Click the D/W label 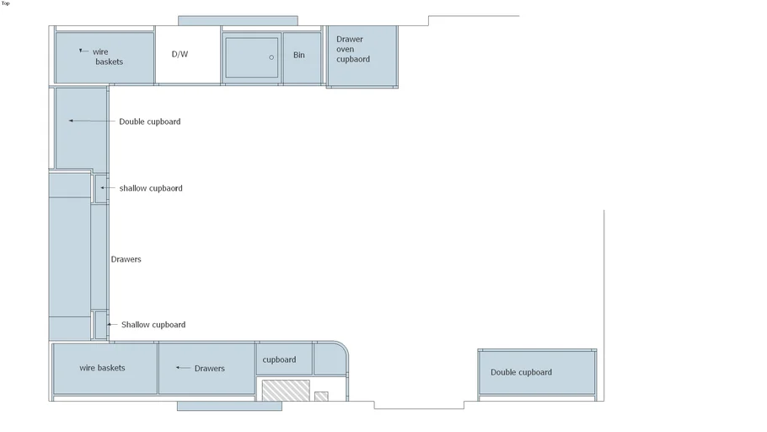180,55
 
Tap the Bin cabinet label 299,56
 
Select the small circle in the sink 271,57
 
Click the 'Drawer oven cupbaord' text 353,49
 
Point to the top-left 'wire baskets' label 108,57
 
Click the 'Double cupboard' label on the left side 149,121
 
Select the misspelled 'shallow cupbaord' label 150,188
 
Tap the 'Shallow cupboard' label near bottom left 153,325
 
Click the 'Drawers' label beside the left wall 126,259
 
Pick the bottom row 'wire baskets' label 102,368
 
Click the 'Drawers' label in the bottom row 210,369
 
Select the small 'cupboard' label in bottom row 279,359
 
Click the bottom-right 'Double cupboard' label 521,372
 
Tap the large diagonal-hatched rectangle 286,390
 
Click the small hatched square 321,396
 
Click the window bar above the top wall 238,20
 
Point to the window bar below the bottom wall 229,406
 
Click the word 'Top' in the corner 6,3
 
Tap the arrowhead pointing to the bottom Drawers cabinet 178,368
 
